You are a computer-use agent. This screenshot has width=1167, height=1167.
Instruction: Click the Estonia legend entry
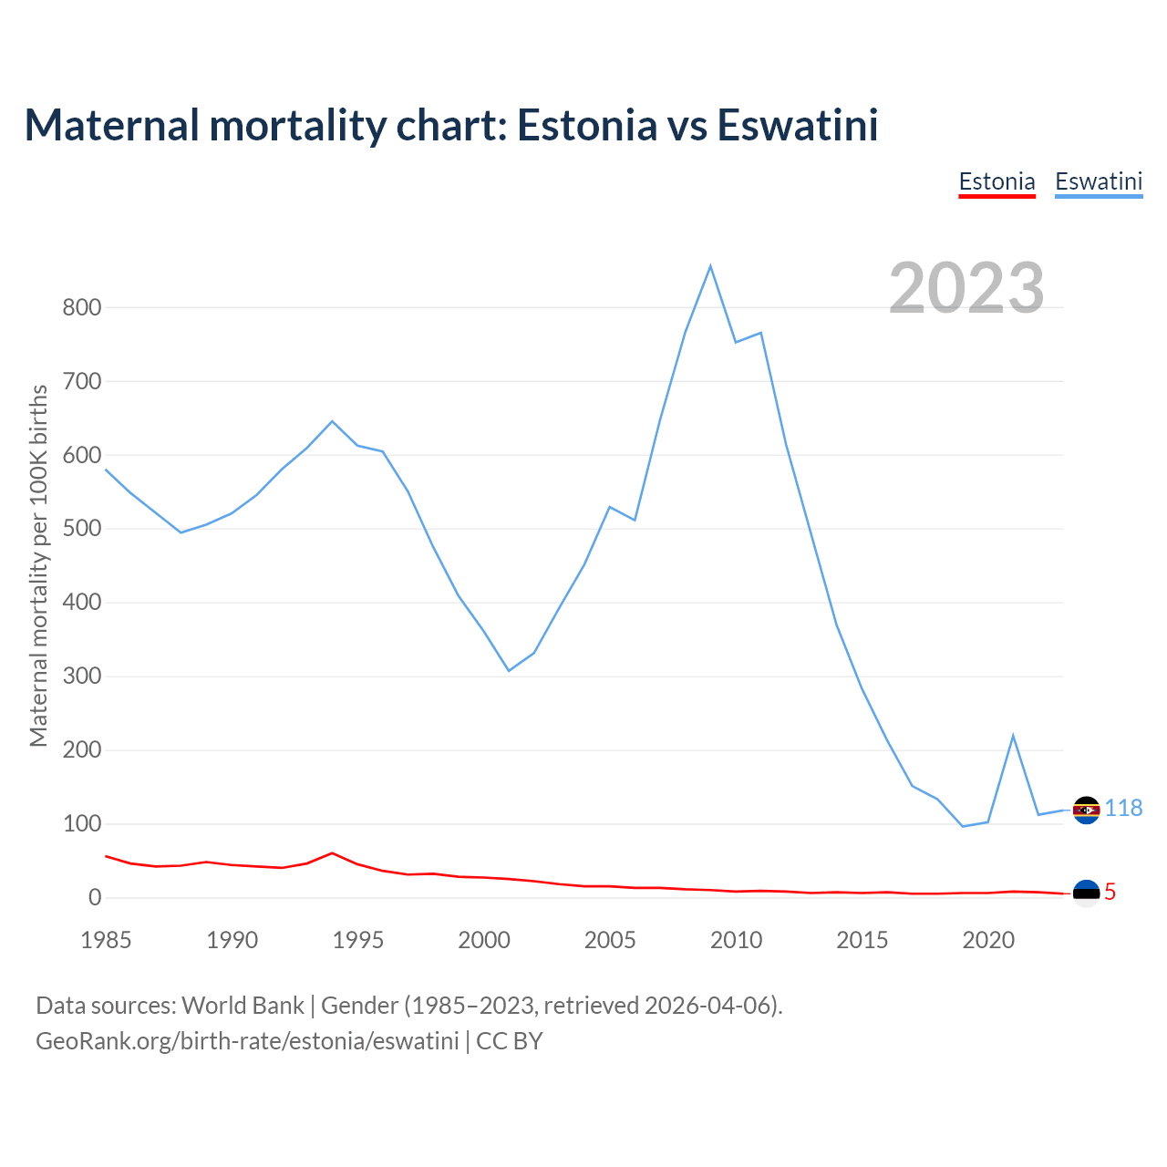(997, 181)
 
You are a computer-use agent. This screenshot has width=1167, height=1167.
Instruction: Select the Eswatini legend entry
(1099, 181)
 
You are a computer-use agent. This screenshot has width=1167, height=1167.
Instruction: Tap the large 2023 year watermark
(966, 287)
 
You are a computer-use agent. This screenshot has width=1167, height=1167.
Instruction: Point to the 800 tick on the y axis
(81, 307)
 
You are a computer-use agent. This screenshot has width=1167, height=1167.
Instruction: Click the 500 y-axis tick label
(81, 529)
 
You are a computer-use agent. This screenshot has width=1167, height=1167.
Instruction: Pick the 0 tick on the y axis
(95, 898)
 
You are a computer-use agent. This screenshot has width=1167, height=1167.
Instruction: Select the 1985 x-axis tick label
(106, 940)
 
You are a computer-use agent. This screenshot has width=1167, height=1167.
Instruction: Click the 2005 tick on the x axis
(610, 940)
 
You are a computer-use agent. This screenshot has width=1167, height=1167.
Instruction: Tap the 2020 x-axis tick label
(988, 940)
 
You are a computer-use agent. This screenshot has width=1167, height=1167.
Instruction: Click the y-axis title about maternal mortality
(38, 565)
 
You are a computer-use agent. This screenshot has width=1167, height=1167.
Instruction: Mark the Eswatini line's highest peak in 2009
(710, 266)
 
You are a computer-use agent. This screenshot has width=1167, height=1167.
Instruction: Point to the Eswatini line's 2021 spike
(1013, 736)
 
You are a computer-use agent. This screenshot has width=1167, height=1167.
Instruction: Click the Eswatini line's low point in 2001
(509, 671)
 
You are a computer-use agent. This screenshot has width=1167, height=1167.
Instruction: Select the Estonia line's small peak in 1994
(332, 853)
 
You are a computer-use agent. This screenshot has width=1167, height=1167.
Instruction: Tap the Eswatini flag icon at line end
(1086, 810)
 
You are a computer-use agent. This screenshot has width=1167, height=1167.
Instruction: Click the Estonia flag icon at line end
(1086, 893)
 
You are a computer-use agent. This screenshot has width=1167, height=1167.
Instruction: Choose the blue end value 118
(1124, 809)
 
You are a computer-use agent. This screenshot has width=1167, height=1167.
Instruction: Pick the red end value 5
(1110, 893)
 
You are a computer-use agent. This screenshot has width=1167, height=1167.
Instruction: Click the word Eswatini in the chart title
(798, 125)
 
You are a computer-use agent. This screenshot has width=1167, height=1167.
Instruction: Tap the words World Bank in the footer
(243, 1006)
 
